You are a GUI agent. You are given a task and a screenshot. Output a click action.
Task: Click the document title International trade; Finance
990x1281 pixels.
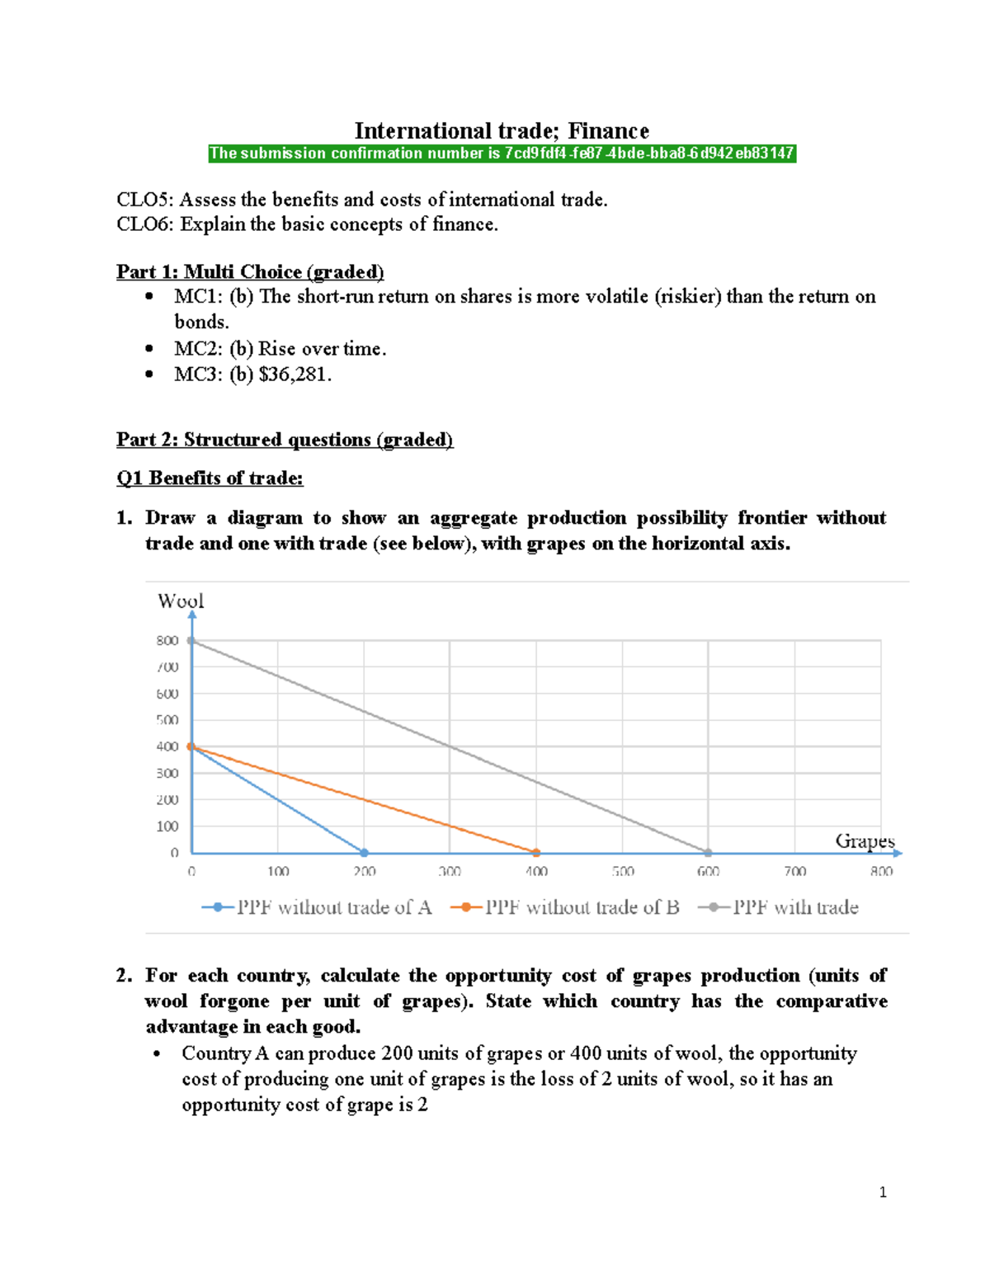click(502, 131)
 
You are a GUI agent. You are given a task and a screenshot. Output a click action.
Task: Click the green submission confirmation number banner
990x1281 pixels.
click(502, 153)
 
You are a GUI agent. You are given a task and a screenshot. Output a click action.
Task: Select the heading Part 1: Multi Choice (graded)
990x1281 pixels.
click(250, 271)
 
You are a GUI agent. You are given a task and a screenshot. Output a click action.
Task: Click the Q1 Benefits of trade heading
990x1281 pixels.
click(210, 478)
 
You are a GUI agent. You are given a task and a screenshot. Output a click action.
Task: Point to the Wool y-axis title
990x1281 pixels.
click(181, 601)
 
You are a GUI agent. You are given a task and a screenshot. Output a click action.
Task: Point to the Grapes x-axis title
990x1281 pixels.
click(865, 841)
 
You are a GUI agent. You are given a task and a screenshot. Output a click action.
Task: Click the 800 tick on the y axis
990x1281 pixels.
click(167, 640)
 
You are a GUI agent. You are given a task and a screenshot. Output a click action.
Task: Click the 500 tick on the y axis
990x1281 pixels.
click(167, 720)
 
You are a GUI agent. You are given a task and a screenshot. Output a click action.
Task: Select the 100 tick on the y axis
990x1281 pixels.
click(167, 827)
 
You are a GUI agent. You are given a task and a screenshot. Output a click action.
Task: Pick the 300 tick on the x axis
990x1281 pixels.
click(450, 872)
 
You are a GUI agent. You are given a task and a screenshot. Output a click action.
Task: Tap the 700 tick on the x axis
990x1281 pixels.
click(795, 872)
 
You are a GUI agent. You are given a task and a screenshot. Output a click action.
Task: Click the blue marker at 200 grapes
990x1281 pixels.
click(364, 853)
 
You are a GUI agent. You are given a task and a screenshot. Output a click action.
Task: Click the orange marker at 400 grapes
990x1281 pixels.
click(536, 853)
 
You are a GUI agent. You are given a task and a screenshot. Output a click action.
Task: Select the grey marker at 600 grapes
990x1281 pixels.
click(709, 853)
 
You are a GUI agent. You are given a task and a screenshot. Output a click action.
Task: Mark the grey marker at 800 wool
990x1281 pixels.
click(191, 640)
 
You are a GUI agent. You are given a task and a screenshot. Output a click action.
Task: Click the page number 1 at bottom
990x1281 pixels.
click(883, 1192)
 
